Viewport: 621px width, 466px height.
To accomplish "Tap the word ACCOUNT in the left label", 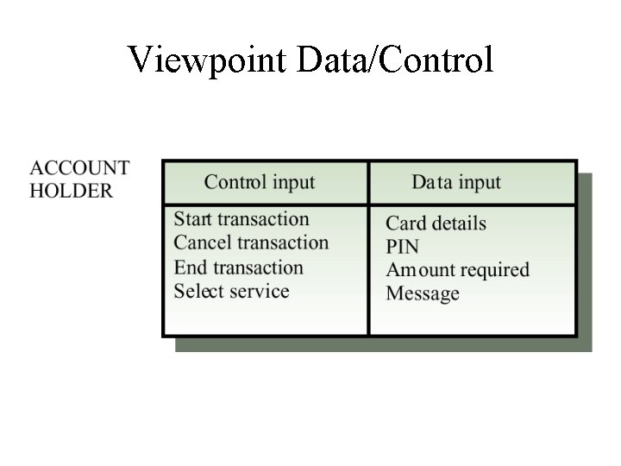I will [x=79, y=168].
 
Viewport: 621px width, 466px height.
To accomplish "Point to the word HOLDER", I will [x=71, y=191].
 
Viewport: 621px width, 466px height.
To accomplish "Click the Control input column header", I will [x=260, y=183].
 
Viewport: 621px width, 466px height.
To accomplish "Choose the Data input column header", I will [x=456, y=183].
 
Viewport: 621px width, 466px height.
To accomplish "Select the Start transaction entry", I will [x=241, y=220].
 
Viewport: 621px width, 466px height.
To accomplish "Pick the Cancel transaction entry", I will [x=251, y=243].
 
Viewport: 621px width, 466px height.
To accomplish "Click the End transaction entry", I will [x=239, y=268].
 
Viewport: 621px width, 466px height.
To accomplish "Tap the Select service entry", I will [x=231, y=292].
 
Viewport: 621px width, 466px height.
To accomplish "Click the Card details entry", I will [x=436, y=224].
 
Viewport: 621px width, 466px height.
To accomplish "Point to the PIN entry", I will [x=402, y=247].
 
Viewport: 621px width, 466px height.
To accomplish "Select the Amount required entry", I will [x=457, y=270].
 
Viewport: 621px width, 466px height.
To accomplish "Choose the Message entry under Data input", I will [x=423, y=293].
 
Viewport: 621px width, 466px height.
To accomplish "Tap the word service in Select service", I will [x=259, y=292].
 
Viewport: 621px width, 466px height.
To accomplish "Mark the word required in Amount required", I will [x=494, y=271].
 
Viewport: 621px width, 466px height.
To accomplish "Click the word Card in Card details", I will [x=405, y=224].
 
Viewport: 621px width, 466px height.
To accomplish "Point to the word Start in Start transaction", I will [x=194, y=220].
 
